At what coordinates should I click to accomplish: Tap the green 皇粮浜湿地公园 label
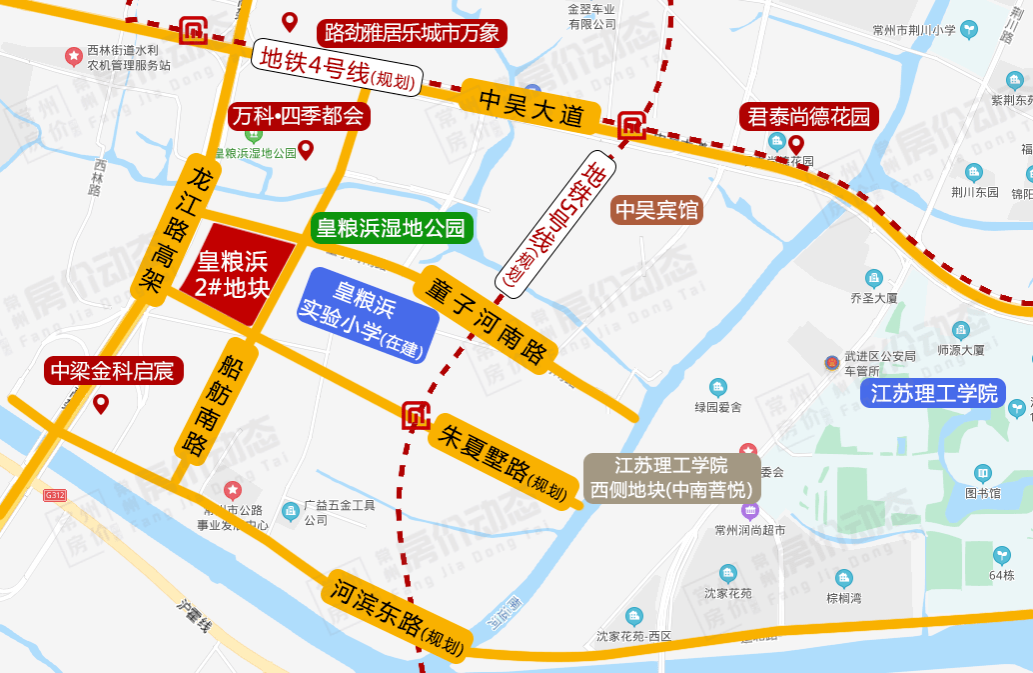coord(390,228)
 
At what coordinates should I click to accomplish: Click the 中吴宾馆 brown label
coord(657,210)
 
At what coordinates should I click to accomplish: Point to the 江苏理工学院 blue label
coord(934,393)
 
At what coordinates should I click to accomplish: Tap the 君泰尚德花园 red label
coord(809,116)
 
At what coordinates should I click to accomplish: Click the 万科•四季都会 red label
coord(299,116)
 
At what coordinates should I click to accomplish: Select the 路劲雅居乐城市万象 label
coord(412,33)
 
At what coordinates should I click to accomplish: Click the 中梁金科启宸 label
coord(113,371)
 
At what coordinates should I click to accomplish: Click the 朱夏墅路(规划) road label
coord(504,462)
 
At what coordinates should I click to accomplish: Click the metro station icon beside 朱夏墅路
coord(416,415)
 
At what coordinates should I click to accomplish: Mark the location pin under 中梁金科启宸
coord(101,403)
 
